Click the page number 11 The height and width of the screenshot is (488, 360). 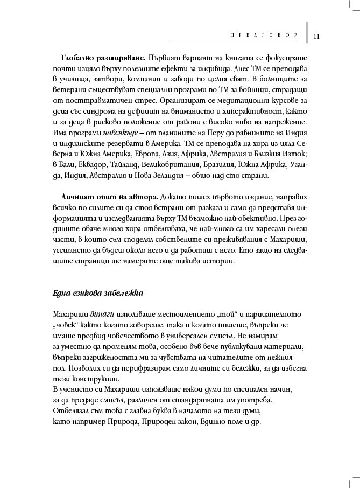point(316,37)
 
